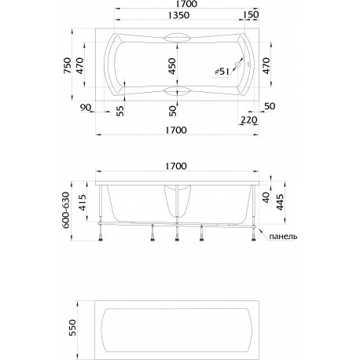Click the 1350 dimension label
178,16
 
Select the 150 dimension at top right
251,15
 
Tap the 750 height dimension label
68,65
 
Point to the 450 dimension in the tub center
172,66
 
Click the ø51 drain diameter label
222,71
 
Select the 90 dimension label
86,108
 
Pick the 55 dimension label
119,111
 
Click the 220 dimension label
248,120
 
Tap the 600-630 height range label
66,210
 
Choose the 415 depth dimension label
83,203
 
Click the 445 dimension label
280,202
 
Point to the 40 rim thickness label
266,197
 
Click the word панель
284,237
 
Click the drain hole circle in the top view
238,64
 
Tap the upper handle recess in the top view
176,37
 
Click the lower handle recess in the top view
176,91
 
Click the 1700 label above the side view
176,166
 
